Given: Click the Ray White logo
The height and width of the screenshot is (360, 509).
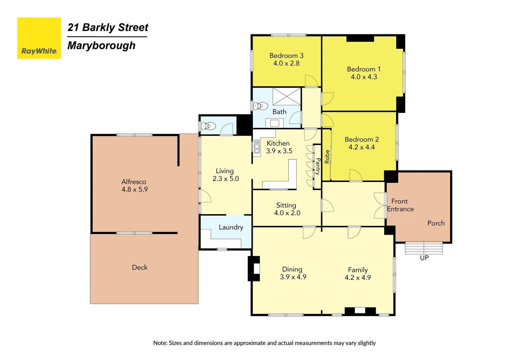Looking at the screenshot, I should pos(39,38).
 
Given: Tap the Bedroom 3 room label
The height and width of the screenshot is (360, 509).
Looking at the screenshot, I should pos(286,56).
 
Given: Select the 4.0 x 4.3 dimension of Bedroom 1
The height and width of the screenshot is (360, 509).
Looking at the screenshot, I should pos(364,77).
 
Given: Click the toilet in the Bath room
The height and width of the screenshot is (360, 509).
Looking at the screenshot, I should pos(260,106).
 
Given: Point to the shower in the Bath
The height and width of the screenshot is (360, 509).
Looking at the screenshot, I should pos(286,96).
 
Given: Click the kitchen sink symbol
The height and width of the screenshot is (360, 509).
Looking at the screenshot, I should pos(256,147).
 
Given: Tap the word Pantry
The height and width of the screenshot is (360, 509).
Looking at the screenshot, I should pos(318,166).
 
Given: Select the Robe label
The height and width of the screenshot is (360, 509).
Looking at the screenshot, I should pos(327,157).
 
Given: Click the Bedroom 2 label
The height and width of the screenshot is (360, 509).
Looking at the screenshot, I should pos(361,139).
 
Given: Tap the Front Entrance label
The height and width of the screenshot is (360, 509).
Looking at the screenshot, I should pos(400,205).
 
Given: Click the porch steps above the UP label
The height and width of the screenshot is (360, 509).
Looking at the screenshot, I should pos(424,248).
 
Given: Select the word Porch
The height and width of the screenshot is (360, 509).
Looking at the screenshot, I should pos(436,223).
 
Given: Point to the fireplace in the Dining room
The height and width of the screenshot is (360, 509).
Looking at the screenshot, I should pos(254,268).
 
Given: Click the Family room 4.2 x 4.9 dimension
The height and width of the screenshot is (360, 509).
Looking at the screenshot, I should pos(358,278).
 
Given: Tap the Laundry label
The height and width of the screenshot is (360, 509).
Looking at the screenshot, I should pos(231,227).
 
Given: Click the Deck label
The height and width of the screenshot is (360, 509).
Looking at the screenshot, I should pos(140,267).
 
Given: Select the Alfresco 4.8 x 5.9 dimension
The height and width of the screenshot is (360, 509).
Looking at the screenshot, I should pos(135,190).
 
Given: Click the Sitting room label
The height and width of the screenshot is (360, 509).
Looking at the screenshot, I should pos(286,205).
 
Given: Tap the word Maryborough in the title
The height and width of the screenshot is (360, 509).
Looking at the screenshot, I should pos(101,45).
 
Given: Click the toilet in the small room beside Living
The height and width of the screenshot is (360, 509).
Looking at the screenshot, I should pos(209,126).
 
